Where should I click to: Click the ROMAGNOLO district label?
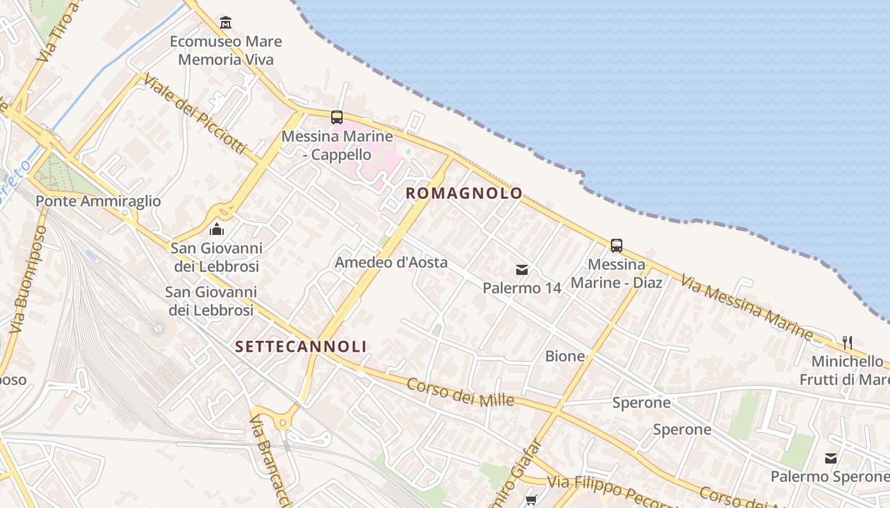[464, 193]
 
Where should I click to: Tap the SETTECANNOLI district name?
[301, 346]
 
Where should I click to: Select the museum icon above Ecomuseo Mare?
[225, 23]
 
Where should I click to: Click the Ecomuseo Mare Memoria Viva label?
[226, 50]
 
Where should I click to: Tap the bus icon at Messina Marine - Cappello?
[337, 117]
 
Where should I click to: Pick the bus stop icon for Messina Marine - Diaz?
[616, 246]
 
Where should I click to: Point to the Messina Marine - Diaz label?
[617, 273]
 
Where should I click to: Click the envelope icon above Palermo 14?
[522, 270]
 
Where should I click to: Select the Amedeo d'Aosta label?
[391, 262]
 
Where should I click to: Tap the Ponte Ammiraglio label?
[99, 201]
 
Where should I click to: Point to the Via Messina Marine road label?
[746, 305]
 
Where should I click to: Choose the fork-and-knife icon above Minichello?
[847, 343]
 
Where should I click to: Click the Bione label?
[565, 356]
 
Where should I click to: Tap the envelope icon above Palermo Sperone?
[830, 458]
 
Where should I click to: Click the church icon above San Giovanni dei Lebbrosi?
[217, 229]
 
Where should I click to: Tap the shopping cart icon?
[531, 500]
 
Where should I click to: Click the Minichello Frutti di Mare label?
[849, 370]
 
